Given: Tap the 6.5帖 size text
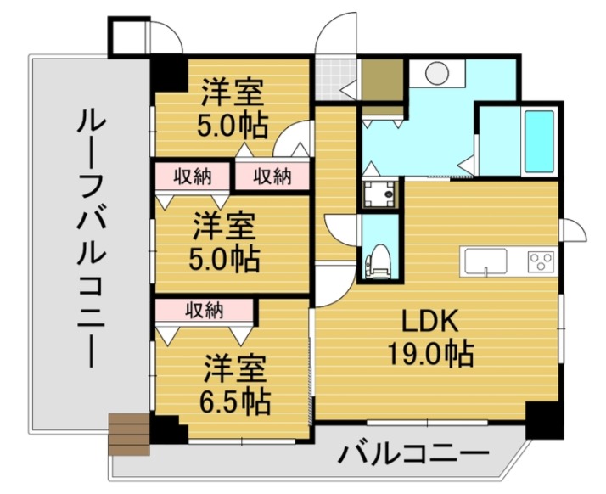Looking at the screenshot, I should (x=236, y=398).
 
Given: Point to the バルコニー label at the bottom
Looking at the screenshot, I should (x=414, y=454).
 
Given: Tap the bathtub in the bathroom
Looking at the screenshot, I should (x=539, y=140).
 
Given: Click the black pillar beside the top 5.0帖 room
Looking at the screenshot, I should (x=169, y=72).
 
